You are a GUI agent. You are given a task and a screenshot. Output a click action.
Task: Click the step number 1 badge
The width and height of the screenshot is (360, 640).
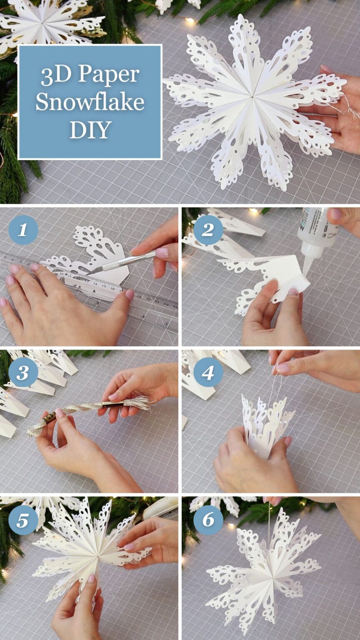point(23,230)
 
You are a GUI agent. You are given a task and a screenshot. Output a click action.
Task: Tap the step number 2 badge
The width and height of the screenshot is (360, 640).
point(208,230)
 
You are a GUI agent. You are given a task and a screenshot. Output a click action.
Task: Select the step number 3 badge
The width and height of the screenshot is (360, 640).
point(23,372)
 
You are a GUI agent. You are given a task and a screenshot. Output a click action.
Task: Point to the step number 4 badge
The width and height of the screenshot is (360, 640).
point(208,372)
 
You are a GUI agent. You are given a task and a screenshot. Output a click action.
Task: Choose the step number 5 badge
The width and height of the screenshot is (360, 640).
point(23,520)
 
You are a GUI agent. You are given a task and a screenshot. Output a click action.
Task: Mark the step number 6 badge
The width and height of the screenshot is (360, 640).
point(208,520)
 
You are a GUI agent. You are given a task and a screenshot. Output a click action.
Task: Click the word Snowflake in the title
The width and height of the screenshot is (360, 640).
point(90,102)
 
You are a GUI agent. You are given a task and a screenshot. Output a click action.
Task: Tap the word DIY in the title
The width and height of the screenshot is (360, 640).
point(90,130)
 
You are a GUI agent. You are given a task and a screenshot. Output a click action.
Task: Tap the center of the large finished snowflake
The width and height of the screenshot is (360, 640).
point(252,98)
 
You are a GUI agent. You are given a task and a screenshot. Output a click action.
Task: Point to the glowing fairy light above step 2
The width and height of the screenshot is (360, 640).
point(253,211)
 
